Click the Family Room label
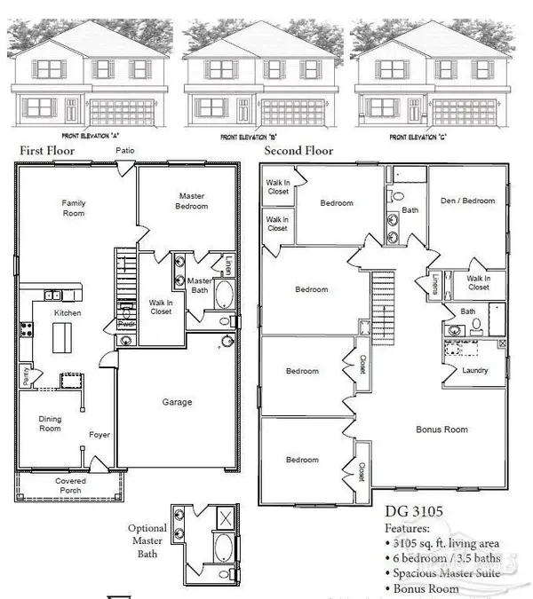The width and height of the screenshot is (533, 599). [x=74, y=208]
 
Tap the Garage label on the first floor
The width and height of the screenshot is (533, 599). [x=177, y=403]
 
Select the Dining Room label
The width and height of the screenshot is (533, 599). [x=50, y=422]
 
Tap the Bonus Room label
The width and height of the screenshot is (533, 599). [x=442, y=430]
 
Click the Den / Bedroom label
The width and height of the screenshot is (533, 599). [x=467, y=201]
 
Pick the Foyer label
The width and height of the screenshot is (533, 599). [x=99, y=435]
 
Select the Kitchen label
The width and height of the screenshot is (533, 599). [x=68, y=313]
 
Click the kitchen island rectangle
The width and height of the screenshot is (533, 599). [x=62, y=338]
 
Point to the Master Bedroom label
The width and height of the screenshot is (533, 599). [x=193, y=201]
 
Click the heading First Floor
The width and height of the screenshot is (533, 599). [x=45, y=152]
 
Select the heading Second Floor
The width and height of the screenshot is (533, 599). [x=298, y=152]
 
